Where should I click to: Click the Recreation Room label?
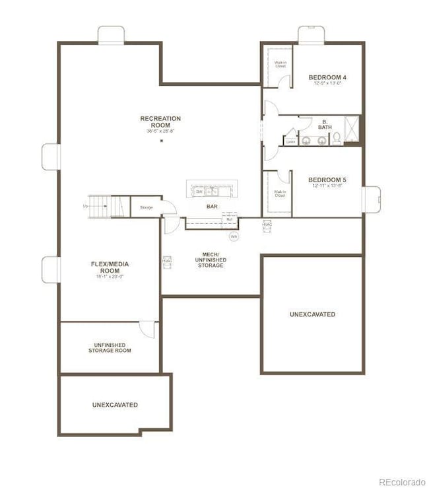pos(160,122)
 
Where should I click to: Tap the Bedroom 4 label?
pos(327,78)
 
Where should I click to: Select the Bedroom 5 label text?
pos(327,180)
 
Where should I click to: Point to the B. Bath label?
pos(325,123)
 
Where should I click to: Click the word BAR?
pos(212,207)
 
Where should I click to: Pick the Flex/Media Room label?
pos(110,267)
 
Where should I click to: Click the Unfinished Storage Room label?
pos(110,347)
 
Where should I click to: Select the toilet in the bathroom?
pos(336,138)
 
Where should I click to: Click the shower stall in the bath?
pos(352,129)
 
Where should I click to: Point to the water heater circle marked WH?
pos(234,236)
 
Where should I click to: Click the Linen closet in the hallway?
pos(290,140)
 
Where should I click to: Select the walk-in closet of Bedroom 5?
pos(279,193)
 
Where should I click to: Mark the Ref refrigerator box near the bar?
pos(229,218)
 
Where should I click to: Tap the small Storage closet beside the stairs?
pos(146,207)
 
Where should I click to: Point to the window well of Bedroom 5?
pos(372,199)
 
